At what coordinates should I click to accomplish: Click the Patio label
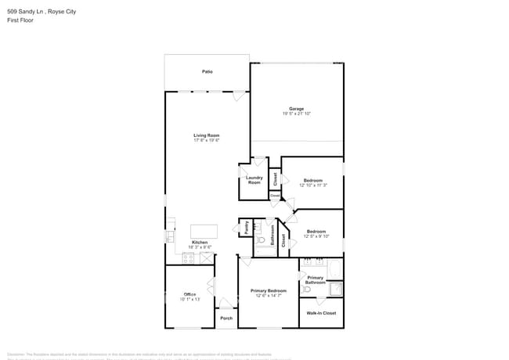click(x=207, y=71)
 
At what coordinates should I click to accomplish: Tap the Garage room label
click(x=296, y=109)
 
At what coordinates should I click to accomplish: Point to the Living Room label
click(x=207, y=135)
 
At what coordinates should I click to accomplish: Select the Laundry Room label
click(x=254, y=180)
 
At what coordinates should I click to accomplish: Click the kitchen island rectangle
click(x=203, y=232)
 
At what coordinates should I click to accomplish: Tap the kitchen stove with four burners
click(x=189, y=257)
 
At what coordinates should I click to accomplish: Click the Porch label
click(x=226, y=319)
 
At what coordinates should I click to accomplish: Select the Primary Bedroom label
click(x=268, y=290)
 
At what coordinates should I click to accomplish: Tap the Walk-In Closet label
click(x=321, y=313)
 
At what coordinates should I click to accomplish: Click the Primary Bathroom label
click(x=315, y=280)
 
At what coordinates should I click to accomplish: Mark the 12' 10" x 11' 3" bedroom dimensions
click(x=312, y=185)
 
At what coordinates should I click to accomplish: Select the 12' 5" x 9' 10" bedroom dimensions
click(x=316, y=236)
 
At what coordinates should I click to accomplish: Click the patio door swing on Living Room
click(x=238, y=96)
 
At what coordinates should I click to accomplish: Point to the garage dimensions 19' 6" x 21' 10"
click(x=296, y=114)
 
